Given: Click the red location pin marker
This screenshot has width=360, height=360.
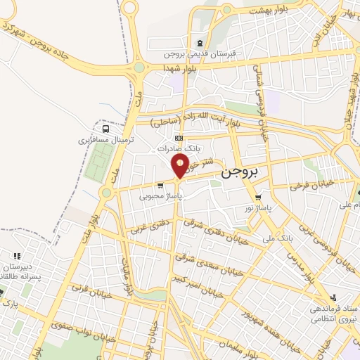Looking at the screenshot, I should (x=180, y=166).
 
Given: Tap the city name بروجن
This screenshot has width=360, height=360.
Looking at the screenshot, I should (x=239, y=171).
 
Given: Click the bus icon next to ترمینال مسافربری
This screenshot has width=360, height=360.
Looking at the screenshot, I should (x=105, y=129).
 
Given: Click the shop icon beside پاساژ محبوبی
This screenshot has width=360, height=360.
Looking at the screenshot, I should (x=161, y=186).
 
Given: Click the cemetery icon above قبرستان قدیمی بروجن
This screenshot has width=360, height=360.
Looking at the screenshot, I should (x=201, y=43).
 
